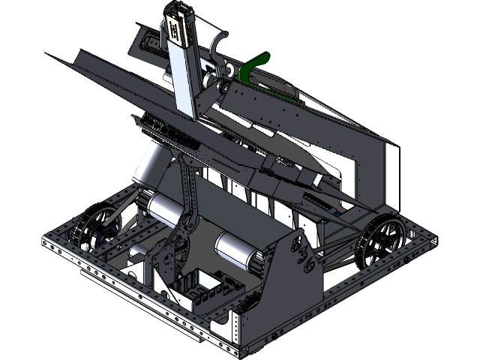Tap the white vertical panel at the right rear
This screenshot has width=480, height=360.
389,173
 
